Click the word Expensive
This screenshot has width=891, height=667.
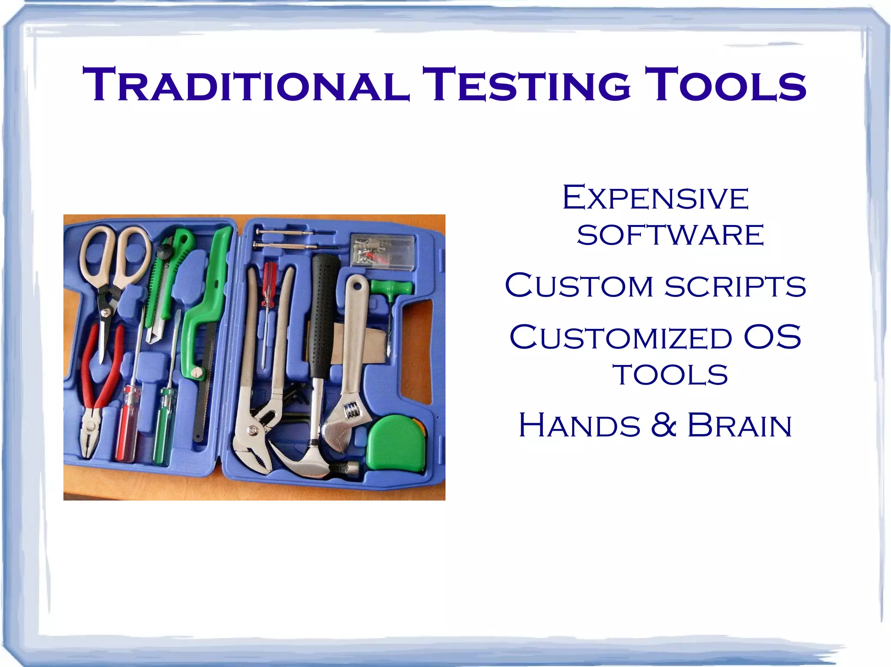click(655, 199)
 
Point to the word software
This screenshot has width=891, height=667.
click(670, 235)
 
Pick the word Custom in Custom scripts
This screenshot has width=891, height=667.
click(579, 286)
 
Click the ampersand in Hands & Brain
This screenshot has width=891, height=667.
click(663, 425)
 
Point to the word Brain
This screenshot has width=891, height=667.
click(739, 425)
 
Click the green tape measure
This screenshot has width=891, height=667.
click(395, 443)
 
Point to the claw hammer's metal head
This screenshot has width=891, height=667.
click(307, 463)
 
